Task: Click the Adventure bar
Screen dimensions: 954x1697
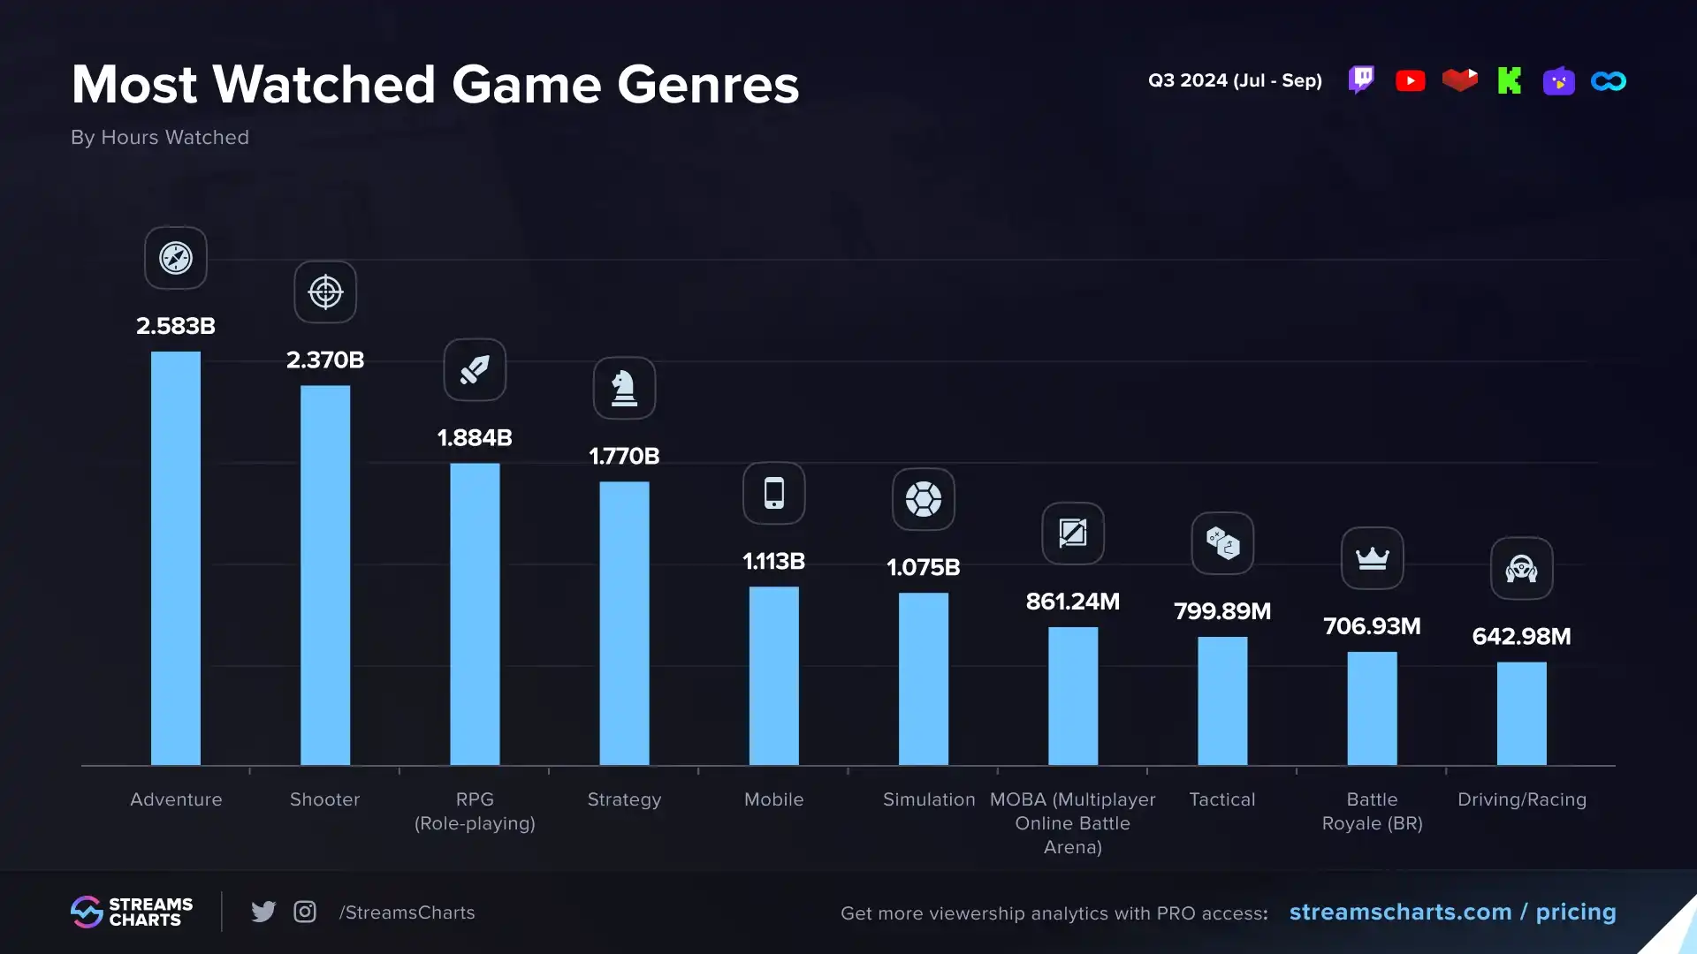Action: tap(176, 558)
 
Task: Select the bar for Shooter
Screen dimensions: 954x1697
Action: tap(325, 575)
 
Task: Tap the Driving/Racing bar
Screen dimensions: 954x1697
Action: tap(1521, 714)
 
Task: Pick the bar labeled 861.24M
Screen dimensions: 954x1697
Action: tap(1073, 696)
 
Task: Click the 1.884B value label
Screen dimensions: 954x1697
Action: tap(475, 438)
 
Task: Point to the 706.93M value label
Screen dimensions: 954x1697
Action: tap(1372, 626)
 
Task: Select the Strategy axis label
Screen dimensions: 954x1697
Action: tap(624, 799)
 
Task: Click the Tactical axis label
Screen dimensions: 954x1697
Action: tap(1222, 799)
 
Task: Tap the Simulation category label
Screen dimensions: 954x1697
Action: tap(929, 799)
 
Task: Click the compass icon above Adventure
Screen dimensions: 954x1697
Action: tap(176, 258)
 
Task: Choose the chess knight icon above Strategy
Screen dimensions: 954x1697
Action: tap(624, 388)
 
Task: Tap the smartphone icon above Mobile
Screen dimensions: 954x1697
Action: tap(774, 493)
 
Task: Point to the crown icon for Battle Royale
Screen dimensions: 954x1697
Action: tap(1372, 558)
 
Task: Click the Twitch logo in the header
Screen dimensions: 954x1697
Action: tap(1361, 80)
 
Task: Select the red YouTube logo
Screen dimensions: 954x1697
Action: tap(1411, 81)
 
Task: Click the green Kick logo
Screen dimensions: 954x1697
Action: tap(1510, 81)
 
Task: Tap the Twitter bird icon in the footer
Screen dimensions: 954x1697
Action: tap(263, 912)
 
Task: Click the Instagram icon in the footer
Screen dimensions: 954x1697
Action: tap(305, 912)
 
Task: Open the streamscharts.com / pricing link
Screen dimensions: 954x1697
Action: tap(1452, 912)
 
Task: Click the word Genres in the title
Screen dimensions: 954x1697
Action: tap(708, 85)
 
